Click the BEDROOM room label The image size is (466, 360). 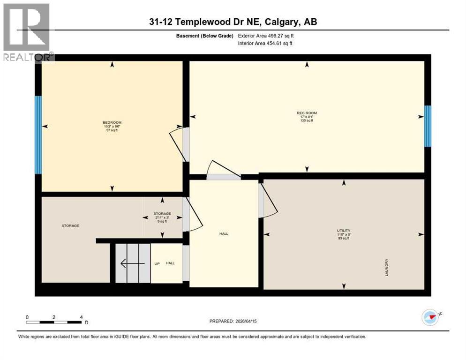(x=113, y=123)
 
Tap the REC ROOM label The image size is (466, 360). (x=307, y=113)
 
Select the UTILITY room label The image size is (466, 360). (x=343, y=231)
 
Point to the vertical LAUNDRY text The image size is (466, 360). (x=387, y=267)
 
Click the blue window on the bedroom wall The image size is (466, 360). (x=38, y=135)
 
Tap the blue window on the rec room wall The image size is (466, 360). (x=427, y=126)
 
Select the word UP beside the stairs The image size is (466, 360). (x=157, y=263)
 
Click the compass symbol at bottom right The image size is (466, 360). (x=430, y=317)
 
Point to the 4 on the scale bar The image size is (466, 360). (x=81, y=317)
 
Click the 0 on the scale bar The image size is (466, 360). (x=27, y=317)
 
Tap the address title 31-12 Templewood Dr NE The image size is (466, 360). (x=233, y=22)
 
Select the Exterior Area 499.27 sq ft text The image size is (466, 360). (x=266, y=36)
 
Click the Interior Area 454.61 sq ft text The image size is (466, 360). (x=266, y=44)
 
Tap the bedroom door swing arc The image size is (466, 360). (x=176, y=145)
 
